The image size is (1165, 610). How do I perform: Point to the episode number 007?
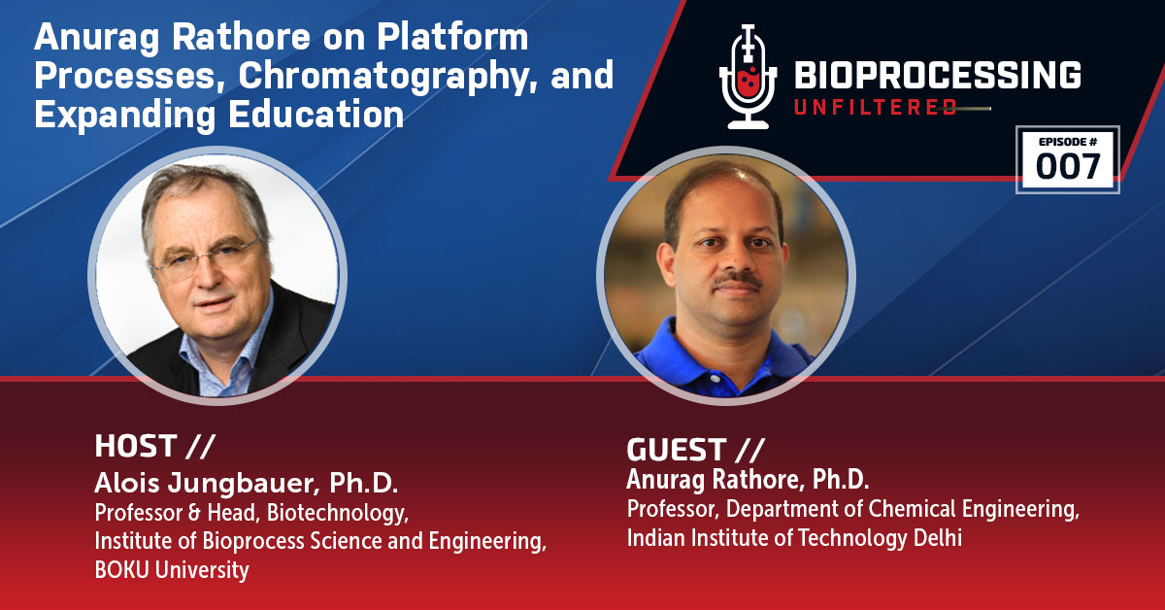pyautogui.click(x=1068, y=167)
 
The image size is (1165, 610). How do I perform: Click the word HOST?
pyautogui.click(x=136, y=446)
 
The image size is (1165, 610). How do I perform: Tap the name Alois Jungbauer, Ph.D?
pyautogui.click(x=247, y=483)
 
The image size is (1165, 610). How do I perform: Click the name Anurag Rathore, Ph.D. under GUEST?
pyautogui.click(x=749, y=479)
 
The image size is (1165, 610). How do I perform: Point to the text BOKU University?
pyautogui.click(x=172, y=570)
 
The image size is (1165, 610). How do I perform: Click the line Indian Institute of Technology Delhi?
pyautogui.click(x=794, y=537)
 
